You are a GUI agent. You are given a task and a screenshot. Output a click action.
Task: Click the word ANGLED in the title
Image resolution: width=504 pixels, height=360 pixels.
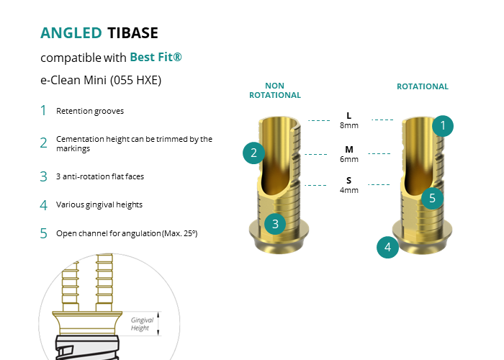[x=71, y=33]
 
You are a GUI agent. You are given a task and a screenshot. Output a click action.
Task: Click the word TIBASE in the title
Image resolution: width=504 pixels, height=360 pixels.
[x=132, y=33]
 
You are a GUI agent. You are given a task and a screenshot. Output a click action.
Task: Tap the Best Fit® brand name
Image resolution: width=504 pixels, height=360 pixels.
[x=156, y=57]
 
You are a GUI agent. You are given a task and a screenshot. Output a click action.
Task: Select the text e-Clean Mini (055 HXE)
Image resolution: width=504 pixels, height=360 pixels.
[x=101, y=80]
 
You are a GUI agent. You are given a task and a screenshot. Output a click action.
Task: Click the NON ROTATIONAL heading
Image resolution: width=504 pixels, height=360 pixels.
[x=275, y=90]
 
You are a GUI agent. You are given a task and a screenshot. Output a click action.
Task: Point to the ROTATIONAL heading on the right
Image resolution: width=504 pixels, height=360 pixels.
[x=423, y=86]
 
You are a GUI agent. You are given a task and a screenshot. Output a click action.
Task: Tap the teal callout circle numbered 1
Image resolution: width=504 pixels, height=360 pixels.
[x=443, y=126]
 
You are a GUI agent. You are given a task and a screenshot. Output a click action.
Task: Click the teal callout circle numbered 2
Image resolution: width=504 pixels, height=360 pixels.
[x=253, y=153]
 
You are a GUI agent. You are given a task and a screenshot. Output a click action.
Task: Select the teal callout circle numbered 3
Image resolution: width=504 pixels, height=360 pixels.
[x=275, y=224]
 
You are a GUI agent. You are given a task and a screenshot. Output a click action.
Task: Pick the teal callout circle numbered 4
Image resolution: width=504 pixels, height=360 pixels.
[x=387, y=247]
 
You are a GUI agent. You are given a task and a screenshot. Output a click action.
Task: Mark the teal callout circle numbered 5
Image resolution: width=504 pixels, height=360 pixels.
[x=432, y=198]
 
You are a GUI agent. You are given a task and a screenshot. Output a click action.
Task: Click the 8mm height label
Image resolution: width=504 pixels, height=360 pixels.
[x=349, y=125]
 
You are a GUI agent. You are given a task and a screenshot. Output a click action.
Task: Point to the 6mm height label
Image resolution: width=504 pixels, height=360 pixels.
[x=349, y=159]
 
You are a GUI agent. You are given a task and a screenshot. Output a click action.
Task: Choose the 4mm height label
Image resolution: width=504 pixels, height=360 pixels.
[x=349, y=190]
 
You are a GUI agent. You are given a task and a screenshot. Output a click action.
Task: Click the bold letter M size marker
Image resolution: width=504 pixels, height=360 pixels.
[x=349, y=150]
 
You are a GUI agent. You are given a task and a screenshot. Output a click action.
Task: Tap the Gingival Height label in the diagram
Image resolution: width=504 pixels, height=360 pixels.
[x=142, y=324]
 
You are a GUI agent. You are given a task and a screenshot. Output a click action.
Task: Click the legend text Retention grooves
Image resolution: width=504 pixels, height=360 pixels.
[x=90, y=111]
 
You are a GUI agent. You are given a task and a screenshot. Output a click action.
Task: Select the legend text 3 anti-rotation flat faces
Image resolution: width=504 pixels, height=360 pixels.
[x=100, y=176]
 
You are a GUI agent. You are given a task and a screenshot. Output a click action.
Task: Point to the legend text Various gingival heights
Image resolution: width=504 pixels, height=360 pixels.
[x=99, y=204]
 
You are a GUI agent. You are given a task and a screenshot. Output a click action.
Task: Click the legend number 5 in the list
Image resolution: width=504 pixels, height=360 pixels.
[x=43, y=233]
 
